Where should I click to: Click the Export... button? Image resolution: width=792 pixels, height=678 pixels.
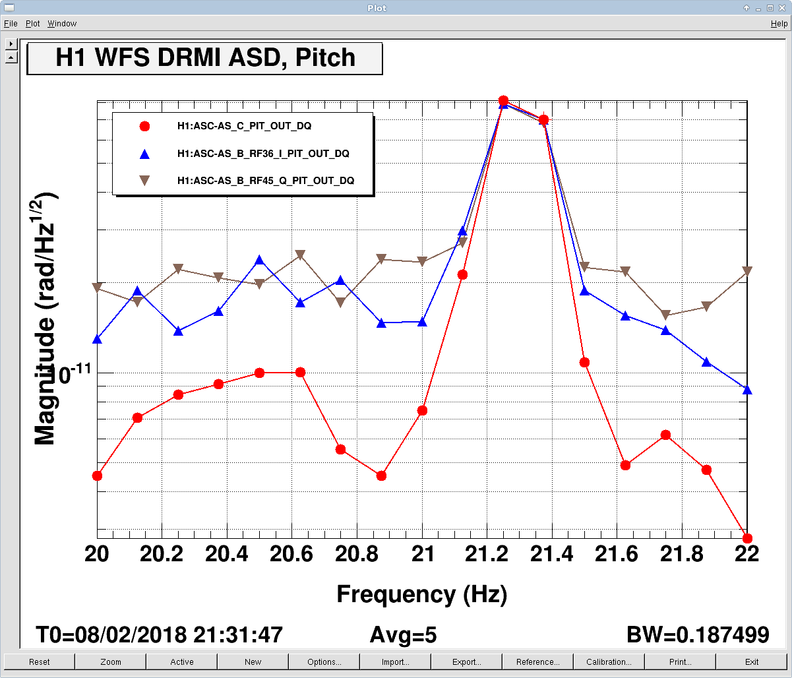point(466,662)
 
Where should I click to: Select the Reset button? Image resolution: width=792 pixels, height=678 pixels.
point(39,662)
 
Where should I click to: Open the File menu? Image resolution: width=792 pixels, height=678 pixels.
point(11,24)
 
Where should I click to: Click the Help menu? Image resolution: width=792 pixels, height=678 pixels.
point(779,24)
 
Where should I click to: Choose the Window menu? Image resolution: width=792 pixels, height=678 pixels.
point(62,24)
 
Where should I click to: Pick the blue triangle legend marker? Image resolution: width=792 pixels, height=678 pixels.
point(145,154)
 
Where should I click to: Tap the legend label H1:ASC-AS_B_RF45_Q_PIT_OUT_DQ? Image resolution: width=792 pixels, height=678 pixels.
point(266,180)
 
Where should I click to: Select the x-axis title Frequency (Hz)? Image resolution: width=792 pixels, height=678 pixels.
point(421,594)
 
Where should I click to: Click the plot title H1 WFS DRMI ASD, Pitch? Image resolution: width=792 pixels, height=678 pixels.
point(205,58)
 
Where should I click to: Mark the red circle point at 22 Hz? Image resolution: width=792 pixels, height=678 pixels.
point(747,538)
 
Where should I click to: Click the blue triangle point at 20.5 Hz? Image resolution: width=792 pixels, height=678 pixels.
point(260,260)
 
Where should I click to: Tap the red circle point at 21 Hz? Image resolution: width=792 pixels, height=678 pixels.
point(422,410)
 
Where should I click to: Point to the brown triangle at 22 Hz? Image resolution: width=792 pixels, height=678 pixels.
point(747,271)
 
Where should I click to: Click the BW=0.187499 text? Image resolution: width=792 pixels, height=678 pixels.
point(697,635)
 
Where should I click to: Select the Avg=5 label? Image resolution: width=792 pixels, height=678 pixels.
point(403,635)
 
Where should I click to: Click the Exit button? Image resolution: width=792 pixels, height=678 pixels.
point(751,662)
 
